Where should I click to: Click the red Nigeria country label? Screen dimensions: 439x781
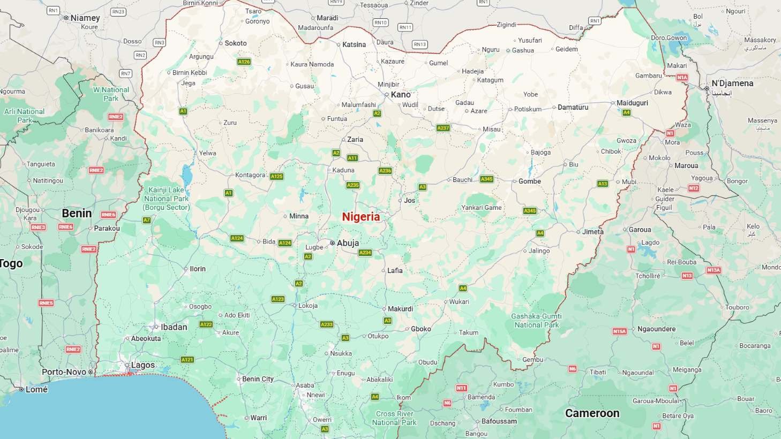[361, 217]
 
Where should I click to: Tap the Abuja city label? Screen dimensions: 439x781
[348, 243]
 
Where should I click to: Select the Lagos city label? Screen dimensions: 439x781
[142, 365]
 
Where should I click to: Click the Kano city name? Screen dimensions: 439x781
[401, 95]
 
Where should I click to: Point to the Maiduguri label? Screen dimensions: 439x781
[632, 103]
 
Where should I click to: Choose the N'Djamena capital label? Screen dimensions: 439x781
[732, 84]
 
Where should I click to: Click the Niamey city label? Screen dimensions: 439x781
[85, 18]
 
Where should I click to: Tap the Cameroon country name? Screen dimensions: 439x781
[592, 413]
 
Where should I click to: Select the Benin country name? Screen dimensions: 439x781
[77, 213]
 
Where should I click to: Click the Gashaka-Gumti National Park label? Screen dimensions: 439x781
[536, 321]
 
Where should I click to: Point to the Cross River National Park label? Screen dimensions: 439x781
[394, 418]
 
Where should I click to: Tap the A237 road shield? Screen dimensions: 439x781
[443, 128]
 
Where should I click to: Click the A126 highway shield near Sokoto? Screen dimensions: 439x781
[244, 62]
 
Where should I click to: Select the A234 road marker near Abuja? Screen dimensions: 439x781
[365, 253]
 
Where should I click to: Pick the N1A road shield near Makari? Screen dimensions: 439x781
[682, 78]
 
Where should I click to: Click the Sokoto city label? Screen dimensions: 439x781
[236, 43]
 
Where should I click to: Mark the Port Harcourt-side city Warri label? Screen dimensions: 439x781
[258, 418]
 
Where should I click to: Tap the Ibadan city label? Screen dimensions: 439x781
[174, 327]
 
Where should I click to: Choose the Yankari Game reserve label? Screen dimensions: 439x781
[482, 208]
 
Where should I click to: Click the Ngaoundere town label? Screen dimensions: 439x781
[656, 329]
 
